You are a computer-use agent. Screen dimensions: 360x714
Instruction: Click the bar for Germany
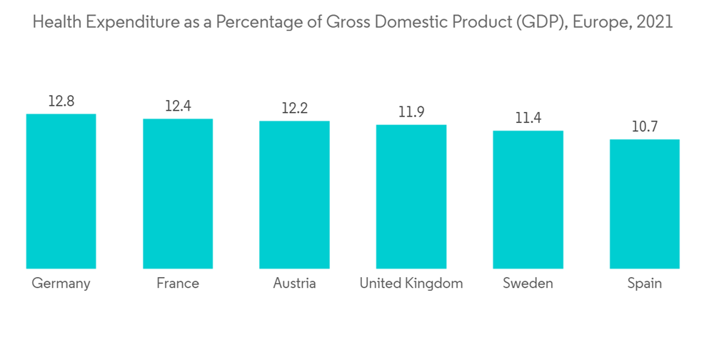coord(61,191)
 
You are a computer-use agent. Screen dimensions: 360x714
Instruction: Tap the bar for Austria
coord(294,194)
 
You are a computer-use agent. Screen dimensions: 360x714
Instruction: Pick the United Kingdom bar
coord(411,196)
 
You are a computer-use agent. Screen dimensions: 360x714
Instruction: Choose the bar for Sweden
coord(528,199)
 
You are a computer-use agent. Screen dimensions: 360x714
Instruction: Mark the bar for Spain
coord(645,204)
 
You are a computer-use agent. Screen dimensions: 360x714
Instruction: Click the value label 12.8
coord(61,101)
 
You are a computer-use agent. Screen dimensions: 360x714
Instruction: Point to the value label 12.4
coord(178,106)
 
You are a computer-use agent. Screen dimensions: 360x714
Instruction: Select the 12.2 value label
coord(294,109)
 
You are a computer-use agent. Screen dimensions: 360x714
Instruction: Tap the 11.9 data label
coord(411,112)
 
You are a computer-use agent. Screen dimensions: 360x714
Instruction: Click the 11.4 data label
coord(528,118)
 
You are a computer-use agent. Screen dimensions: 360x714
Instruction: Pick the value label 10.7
coord(645,127)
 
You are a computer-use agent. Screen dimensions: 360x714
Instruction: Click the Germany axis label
coord(61,284)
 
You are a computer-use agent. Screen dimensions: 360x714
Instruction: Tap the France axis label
coord(178,284)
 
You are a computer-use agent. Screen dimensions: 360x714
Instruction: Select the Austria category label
coord(294,284)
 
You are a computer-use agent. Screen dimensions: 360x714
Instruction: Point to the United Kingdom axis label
coord(411,284)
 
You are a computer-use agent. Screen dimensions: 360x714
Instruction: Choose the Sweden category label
coord(528,284)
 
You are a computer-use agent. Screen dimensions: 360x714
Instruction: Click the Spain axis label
coord(645,284)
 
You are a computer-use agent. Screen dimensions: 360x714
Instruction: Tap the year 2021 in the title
coord(656,22)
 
